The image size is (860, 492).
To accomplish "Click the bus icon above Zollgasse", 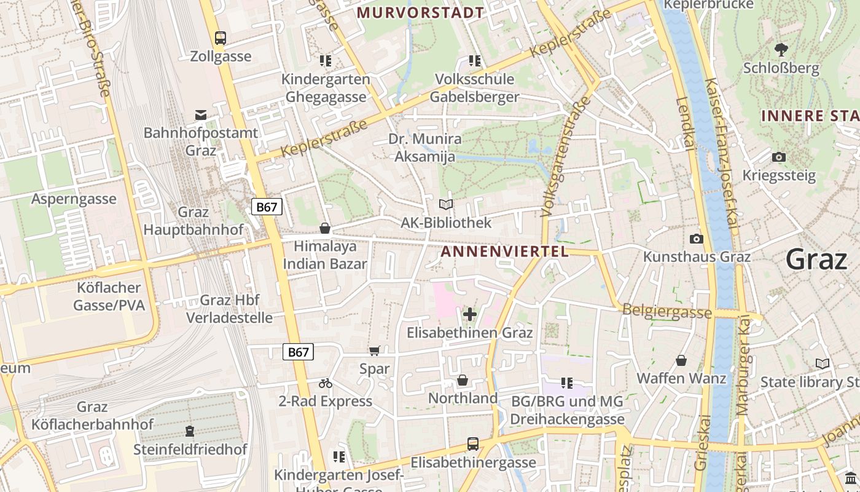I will tap(221, 38).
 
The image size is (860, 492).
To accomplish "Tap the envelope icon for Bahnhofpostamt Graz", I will tap(201, 114).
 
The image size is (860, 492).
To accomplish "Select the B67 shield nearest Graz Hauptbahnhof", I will tap(267, 207).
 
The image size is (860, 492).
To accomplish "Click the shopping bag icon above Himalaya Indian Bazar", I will tap(325, 229).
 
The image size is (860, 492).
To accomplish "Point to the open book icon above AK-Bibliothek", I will tap(446, 205).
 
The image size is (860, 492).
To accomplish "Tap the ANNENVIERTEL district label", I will tap(504, 252).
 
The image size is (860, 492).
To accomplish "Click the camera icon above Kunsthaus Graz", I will tap(697, 239).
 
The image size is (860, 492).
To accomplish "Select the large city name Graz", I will tap(816, 259).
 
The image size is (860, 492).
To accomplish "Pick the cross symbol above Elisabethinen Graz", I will tap(470, 315).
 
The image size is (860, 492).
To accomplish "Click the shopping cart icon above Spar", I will tap(374, 351).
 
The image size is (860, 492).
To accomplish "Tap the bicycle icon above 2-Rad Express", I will tap(326, 384).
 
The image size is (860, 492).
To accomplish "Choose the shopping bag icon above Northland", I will tap(463, 381).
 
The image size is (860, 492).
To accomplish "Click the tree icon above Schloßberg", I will tap(781, 49).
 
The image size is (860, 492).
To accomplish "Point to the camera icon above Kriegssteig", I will tap(779, 157).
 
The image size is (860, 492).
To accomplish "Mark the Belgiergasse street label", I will tap(667, 311).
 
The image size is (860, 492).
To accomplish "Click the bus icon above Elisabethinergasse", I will tap(473, 444).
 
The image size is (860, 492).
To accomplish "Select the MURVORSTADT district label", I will tap(420, 12).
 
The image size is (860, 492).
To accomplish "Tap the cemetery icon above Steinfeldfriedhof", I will tap(190, 431).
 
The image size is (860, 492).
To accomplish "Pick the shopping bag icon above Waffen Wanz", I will tap(681, 360).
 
